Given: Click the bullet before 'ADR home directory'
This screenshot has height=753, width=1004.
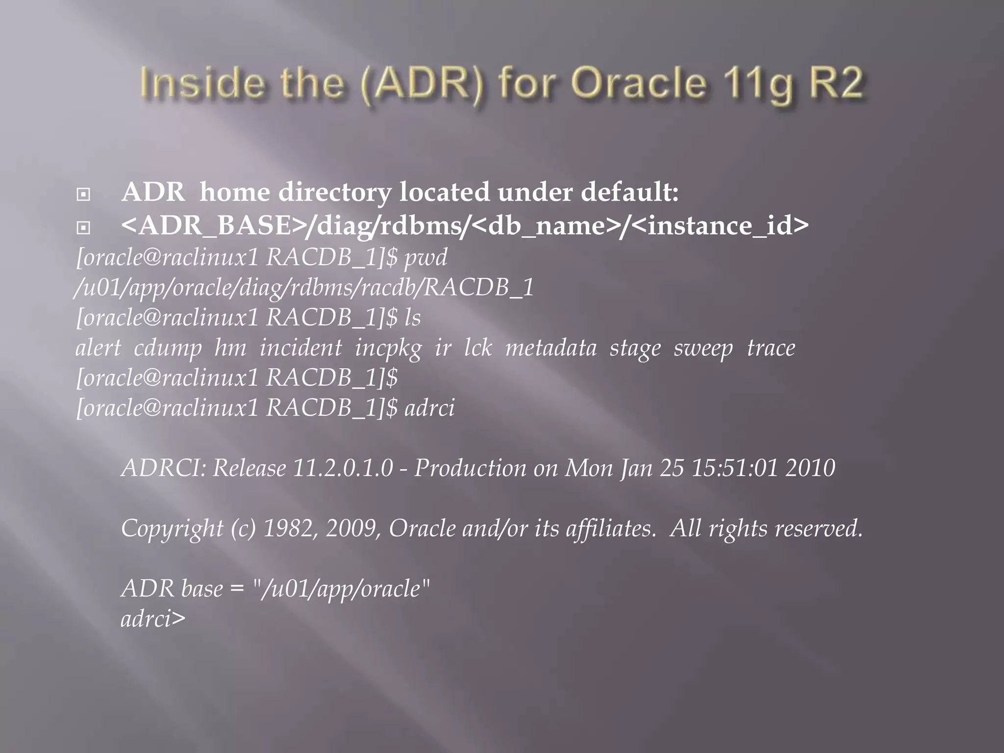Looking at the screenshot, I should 83,195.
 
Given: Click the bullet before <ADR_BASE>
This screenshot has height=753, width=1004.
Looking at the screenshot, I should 83,227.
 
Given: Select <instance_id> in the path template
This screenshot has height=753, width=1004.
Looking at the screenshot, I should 720,226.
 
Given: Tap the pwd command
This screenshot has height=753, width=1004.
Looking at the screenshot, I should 426,258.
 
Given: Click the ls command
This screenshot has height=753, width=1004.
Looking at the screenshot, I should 413,318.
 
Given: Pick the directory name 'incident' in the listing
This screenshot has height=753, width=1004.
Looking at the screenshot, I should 300,348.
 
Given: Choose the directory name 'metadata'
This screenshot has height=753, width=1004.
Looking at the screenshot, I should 551,348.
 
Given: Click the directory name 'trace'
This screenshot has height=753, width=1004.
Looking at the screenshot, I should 771,348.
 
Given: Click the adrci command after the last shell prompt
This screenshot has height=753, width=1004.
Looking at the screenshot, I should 429,408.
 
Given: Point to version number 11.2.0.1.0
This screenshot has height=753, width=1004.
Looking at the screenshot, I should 343,468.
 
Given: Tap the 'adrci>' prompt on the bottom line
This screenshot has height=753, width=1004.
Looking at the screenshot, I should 153,619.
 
